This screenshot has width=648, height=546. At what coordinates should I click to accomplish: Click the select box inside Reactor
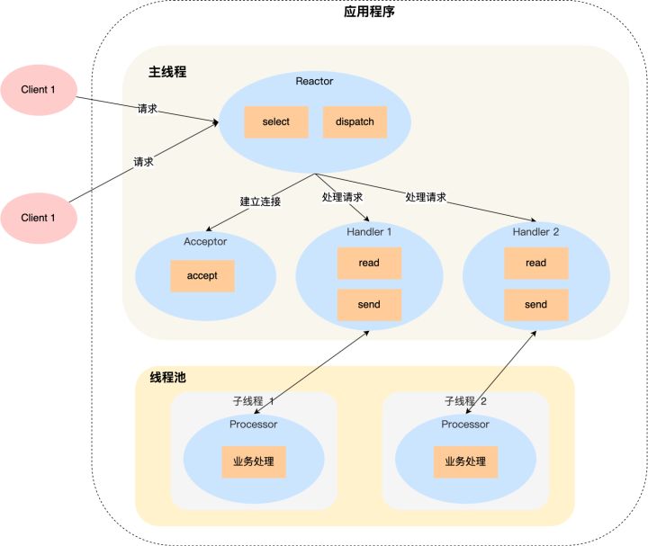[276, 121]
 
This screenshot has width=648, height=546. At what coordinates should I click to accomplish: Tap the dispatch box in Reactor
[355, 121]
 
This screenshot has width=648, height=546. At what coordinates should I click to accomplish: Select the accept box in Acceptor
[202, 276]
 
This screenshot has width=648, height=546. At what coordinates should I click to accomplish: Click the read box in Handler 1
[369, 263]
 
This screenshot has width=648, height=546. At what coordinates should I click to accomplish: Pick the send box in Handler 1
[369, 305]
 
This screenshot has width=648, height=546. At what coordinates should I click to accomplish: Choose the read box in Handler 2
[535, 263]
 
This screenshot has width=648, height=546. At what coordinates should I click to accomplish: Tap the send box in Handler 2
[535, 305]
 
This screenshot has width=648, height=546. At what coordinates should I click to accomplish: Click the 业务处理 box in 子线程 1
[254, 461]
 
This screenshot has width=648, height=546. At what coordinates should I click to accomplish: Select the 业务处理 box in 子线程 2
[465, 461]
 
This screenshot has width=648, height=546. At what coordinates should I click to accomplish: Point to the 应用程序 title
[369, 13]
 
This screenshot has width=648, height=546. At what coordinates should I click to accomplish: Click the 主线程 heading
[167, 71]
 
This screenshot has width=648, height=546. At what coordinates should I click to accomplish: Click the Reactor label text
[314, 81]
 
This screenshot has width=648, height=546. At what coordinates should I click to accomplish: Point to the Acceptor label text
[205, 241]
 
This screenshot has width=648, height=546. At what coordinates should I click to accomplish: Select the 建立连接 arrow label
[260, 201]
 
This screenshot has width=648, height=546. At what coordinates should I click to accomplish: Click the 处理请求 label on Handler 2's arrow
[426, 197]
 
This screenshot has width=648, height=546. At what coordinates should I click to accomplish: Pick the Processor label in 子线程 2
[465, 424]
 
